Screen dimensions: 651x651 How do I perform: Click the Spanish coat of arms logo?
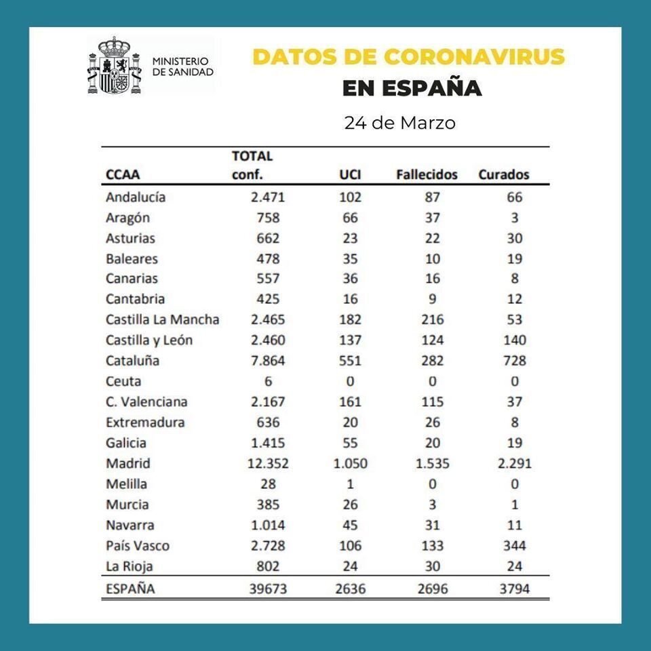pyautogui.click(x=113, y=66)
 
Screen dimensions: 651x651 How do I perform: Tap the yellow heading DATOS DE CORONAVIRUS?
pyautogui.click(x=408, y=56)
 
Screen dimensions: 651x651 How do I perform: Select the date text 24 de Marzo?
pyautogui.click(x=399, y=123)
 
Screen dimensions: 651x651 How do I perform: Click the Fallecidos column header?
pyautogui.click(x=427, y=175)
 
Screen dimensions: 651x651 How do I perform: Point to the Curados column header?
pyautogui.click(x=504, y=175)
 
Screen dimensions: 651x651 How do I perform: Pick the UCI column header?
pyautogui.click(x=350, y=175)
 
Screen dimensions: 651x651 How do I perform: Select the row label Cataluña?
pyautogui.click(x=132, y=361)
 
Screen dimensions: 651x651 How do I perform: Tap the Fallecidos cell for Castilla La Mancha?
pyautogui.click(x=432, y=319)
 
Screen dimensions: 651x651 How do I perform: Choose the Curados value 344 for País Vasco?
pyautogui.click(x=514, y=546)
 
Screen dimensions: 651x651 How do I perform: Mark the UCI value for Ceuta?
pyautogui.click(x=350, y=381)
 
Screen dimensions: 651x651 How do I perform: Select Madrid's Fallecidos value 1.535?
pyautogui.click(x=432, y=464)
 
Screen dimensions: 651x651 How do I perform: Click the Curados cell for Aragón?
pyautogui.click(x=515, y=218)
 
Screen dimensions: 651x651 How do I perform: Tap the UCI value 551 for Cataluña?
pyautogui.click(x=350, y=361)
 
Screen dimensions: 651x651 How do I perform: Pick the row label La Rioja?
pyautogui.click(x=128, y=566)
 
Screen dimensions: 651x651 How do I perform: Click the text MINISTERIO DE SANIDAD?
pyautogui.click(x=182, y=66)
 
